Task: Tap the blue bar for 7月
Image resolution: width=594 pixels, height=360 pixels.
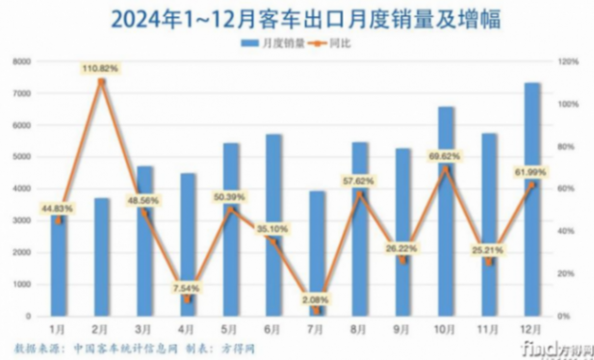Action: (x=317, y=252)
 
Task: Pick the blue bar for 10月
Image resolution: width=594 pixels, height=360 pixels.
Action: (x=446, y=211)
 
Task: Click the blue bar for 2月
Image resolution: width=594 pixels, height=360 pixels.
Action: (x=102, y=256)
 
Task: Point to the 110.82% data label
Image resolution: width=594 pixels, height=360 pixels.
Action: (x=101, y=68)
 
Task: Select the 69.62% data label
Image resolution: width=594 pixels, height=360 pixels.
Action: (x=446, y=154)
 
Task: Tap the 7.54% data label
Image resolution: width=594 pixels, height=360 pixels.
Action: (x=188, y=286)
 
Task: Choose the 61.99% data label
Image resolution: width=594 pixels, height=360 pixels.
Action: (x=531, y=170)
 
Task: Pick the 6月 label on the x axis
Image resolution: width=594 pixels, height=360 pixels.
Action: (x=273, y=328)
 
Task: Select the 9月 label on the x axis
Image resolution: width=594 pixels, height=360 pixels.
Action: (x=402, y=328)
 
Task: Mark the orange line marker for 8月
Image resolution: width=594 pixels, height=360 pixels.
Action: (x=360, y=193)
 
